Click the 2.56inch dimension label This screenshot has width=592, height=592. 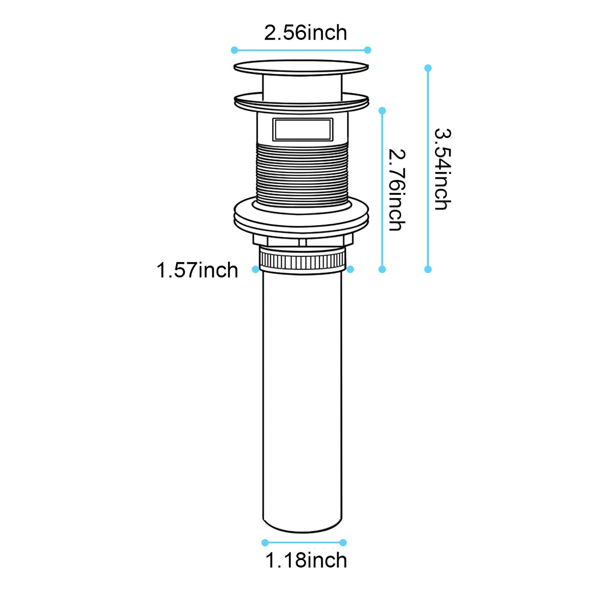(x=305, y=33)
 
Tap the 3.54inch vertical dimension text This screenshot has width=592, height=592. (x=442, y=169)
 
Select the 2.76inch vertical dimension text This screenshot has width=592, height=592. (x=397, y=190)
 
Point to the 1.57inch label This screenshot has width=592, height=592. (x=197, y=270)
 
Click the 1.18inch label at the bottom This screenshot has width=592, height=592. (x=306, y=560)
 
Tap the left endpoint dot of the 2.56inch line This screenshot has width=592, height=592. (x=234, y=50)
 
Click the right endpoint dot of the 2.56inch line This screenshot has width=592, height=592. (x=367, y=50)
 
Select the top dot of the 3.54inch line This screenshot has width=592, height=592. (x=428, y=68)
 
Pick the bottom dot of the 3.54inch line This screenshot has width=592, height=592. (x=428, y=269)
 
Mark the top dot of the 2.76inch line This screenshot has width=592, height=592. (x=382, y=111)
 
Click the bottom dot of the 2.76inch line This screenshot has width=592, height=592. (x=382, y=269)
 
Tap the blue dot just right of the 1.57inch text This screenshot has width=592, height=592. (x=256, y=269)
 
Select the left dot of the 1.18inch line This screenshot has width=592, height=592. (x=265, y=543)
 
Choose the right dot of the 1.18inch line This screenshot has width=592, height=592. (x=343, y=543)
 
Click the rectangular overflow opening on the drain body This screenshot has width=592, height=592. (x=303, y=129)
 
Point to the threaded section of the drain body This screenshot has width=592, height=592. (x=302, y=174)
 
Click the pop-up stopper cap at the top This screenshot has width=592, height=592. (x=301, y=68)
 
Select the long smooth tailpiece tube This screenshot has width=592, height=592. (x=302, y=401)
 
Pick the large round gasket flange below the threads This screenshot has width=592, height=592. (x=301, y=217)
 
